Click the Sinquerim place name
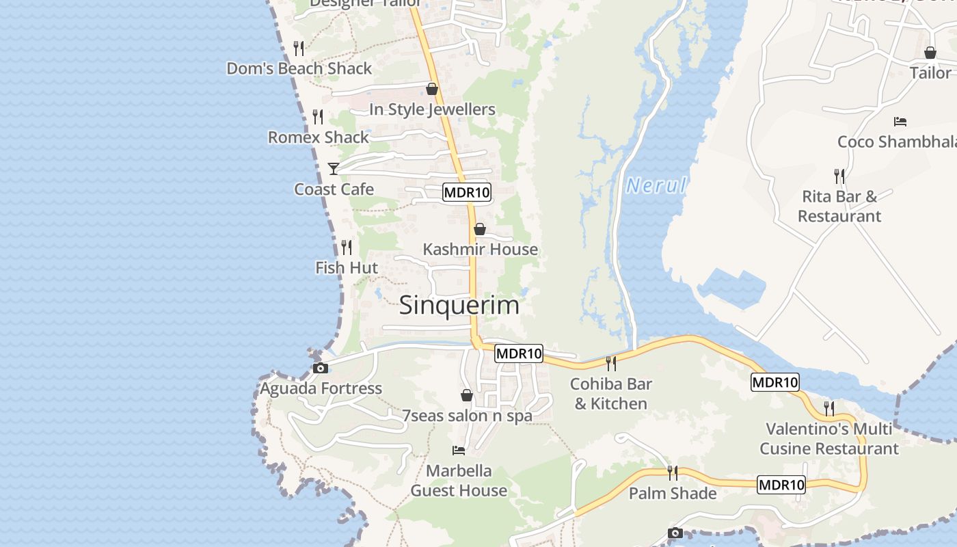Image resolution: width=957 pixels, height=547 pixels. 459,305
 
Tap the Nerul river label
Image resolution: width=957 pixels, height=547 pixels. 656,185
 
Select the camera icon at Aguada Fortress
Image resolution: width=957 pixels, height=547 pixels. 320,369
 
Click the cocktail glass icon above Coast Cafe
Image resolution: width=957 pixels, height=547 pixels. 334,168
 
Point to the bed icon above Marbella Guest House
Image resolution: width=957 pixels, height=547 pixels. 459,451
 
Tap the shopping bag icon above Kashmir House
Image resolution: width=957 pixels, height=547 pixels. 480,229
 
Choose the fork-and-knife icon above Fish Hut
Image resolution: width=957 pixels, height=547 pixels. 347,247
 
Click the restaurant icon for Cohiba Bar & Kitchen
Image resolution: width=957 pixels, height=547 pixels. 610,363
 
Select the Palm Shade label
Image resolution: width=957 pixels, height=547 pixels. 673,493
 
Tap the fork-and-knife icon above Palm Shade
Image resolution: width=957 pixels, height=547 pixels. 673,472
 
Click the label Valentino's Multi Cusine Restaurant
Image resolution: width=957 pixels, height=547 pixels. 828,439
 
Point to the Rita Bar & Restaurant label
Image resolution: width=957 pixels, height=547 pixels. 839,206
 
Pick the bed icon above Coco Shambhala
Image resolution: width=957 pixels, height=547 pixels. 900,122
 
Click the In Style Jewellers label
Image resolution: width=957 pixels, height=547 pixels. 432,109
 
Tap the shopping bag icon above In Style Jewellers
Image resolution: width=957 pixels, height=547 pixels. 432,89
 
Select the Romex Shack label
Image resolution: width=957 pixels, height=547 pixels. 318,137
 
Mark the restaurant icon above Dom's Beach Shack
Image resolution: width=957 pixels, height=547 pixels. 299,48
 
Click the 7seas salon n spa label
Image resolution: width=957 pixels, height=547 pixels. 467,416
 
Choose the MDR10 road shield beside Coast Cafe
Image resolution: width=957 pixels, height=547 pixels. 467,192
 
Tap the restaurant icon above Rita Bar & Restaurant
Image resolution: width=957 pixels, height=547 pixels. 839,176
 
